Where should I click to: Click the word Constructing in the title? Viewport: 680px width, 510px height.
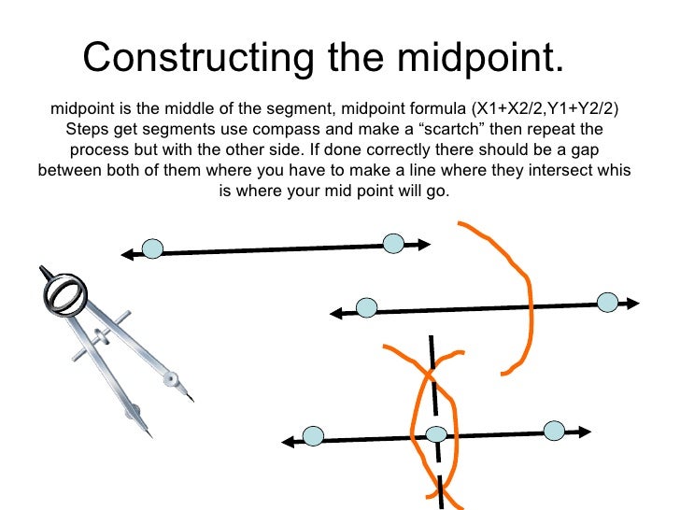[x=187, y=58]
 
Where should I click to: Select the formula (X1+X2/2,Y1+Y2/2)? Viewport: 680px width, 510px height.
[x=543, y=108]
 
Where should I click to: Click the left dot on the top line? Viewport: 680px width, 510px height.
[x=152, y=248]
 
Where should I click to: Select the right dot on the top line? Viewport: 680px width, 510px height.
[x=393, y=244]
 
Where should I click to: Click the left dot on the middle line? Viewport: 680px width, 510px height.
[x=367, y=307]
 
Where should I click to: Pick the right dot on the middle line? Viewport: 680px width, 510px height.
[x=608, y=302]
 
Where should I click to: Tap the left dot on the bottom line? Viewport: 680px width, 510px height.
[x=313, y=436]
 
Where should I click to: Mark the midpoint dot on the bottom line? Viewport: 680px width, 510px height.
[x=436, y=433]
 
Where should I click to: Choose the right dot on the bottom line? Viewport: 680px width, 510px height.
[x=555, y=431]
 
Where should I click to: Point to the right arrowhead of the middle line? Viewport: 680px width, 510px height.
[x=633, y=303]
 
